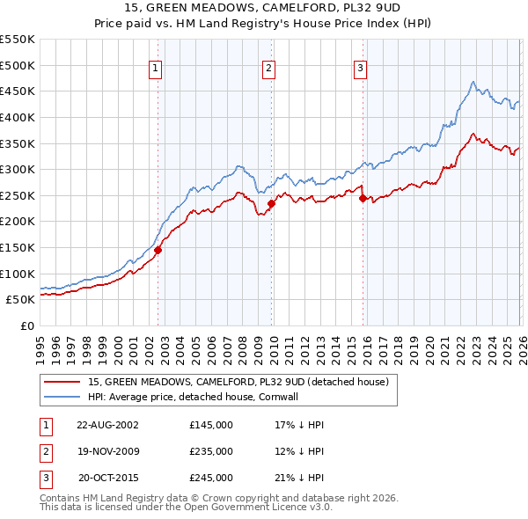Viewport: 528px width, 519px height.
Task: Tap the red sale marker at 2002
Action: pos(158,250)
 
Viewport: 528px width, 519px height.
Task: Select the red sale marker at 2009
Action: pos(271,203)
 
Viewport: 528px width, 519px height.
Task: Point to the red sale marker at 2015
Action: pos(363,198)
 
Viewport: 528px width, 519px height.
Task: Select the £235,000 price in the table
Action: pos(211,451)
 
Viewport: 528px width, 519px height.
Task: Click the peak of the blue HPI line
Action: pos(473,83)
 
